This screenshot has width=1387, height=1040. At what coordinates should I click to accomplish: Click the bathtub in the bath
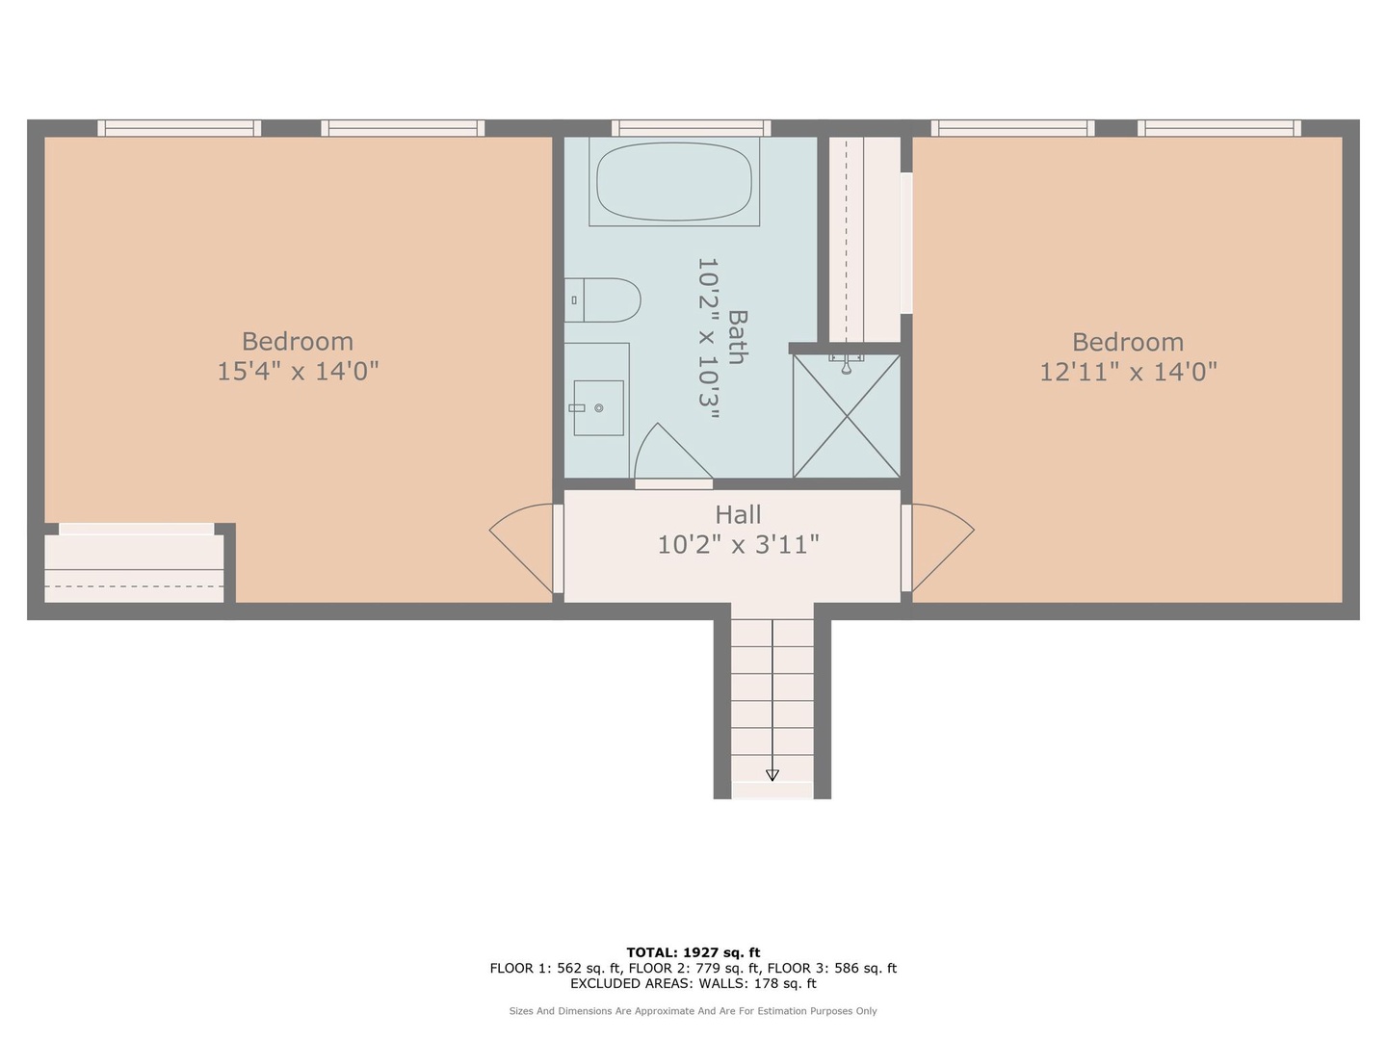pos(674,181)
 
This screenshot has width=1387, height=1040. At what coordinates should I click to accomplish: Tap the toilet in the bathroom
pos(602,299)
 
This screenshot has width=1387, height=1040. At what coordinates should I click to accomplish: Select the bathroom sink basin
pos(598,408)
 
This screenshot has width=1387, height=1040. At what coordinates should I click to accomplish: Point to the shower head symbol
pos(846,364)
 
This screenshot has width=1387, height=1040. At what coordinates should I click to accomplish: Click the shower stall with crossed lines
pos(847,415)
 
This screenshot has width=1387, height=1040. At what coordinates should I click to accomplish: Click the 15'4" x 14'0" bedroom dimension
pos(298,371)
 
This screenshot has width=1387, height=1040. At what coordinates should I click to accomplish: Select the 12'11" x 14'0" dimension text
pos(1128,372)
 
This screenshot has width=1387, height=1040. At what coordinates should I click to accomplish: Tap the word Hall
pos(738,514)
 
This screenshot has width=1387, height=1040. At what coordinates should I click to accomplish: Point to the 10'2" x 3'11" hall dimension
pos(738,544)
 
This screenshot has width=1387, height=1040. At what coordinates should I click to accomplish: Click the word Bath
pos(738,337)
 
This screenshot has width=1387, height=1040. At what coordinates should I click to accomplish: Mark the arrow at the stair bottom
pos(772,775)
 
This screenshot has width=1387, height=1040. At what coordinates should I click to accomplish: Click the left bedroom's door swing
pos(522,548)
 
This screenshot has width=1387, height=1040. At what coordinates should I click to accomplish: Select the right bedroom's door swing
pos(942,548)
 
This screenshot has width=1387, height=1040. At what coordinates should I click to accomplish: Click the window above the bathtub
pos(692,128)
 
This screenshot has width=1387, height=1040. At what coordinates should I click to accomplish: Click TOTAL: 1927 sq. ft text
pos(693,952)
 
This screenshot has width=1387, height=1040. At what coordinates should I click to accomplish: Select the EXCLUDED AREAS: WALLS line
pos(693,983)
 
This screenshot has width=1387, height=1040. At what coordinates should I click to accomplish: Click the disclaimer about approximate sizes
pos(693,1011)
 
